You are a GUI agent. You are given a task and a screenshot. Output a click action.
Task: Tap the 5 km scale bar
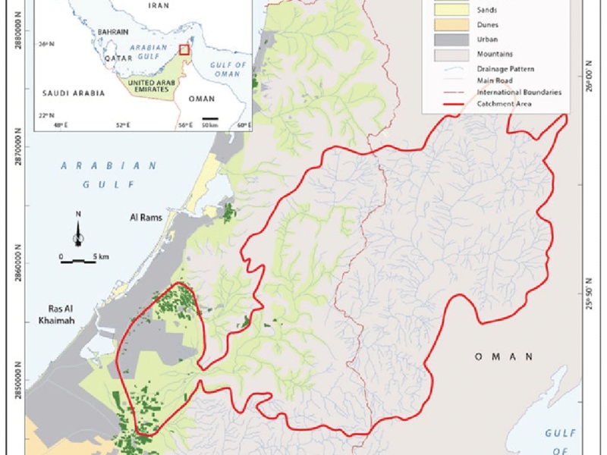(78, 261)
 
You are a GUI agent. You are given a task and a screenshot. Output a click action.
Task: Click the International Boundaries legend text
(519, 92)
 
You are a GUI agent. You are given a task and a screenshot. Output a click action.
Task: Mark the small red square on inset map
(183, 49)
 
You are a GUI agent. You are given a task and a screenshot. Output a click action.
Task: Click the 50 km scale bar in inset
(210, 118)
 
